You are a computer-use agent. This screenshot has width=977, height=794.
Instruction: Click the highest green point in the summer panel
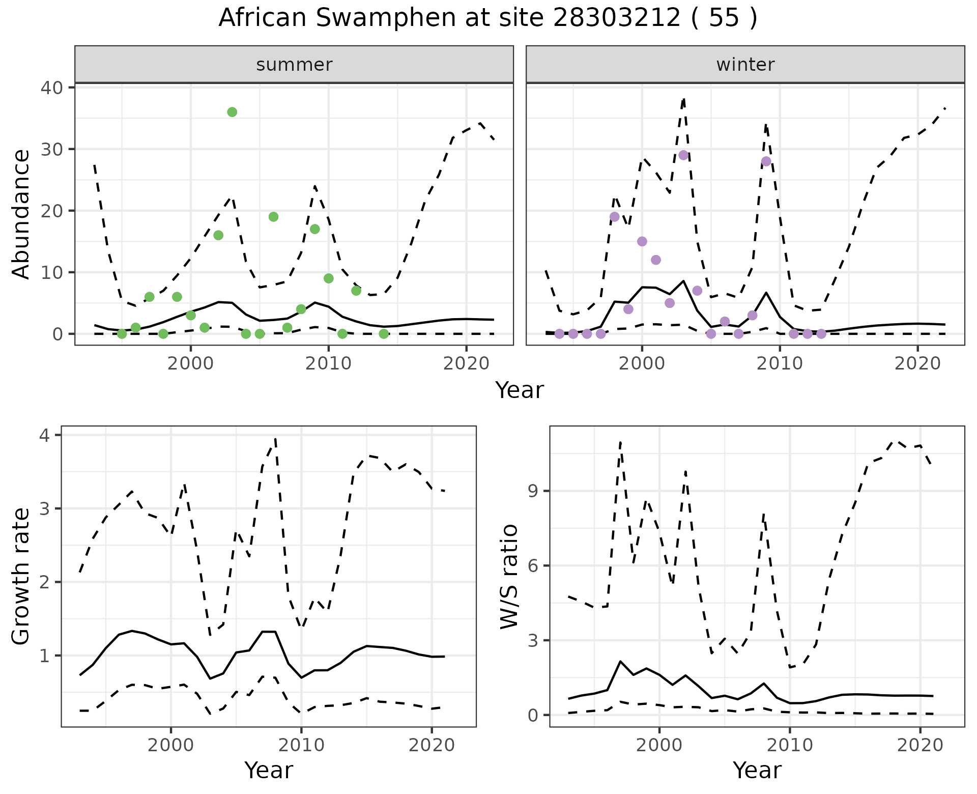[x=232, y=112]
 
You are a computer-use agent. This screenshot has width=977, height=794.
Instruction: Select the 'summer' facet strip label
[x=294, y=65]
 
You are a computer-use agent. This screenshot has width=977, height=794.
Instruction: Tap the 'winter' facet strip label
[x=745, y=65]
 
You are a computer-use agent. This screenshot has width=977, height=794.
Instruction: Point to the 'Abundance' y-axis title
[x=21, y=214]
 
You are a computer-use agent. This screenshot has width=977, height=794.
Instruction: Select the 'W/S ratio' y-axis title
[x=509, y=577]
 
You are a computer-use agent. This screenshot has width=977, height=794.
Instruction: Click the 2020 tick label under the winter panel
[x=917, y=363]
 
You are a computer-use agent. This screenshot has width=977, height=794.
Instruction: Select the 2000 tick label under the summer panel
[x=191, y=363]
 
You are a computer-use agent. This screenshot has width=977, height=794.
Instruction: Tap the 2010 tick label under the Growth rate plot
[x=301, y=745]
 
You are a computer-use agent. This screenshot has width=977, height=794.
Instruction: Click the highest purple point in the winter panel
[x=683, y=155]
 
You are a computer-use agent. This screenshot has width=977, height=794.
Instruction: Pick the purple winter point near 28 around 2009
[x=766, y=161]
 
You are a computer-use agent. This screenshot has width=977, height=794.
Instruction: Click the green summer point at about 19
[x=273, y=217]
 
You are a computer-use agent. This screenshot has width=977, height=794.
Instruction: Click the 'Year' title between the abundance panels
[x=520, y=390]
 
